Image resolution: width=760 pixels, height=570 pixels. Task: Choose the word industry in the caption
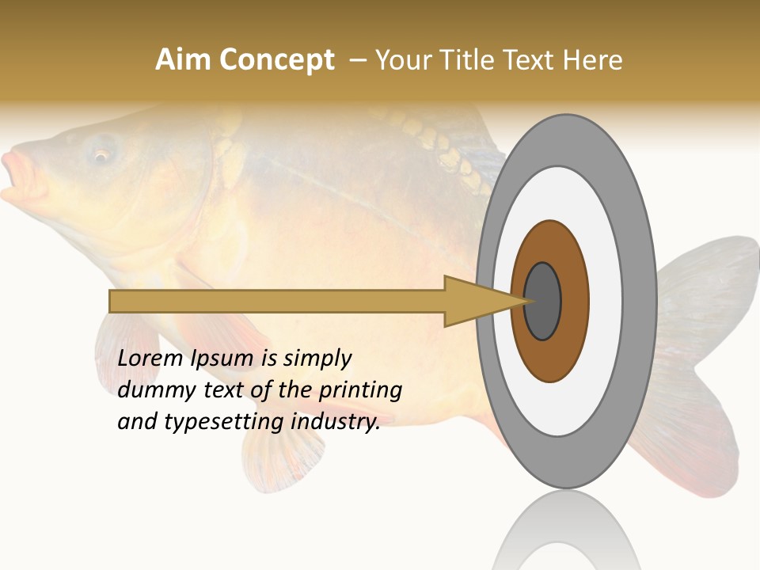pos(336,423)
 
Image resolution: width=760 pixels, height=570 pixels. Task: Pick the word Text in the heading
pos(530,60)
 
